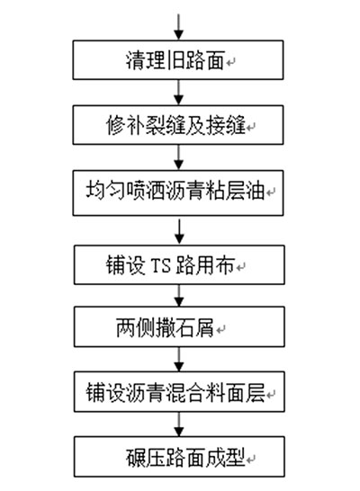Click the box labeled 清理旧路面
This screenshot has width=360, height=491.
178,60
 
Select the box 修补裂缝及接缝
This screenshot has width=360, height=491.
178,125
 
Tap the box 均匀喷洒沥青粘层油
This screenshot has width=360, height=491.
178,192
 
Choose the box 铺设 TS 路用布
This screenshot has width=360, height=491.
179,265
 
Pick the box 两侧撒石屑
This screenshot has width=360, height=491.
179,326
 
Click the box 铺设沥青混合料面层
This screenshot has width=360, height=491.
179,392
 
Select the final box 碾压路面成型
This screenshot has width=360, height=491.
179,457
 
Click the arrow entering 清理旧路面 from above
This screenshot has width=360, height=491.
178,27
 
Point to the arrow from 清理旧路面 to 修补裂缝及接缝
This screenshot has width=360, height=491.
178,93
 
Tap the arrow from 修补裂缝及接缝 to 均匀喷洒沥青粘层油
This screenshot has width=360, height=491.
178,157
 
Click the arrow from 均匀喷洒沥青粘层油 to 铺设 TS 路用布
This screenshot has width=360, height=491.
179,232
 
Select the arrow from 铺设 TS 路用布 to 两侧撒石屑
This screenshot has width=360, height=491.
179,296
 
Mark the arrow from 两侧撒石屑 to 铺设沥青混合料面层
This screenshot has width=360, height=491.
179,359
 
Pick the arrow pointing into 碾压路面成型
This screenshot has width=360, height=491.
179,424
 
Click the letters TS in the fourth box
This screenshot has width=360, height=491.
161,265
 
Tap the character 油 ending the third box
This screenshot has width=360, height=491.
255,191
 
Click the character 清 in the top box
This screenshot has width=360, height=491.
135,60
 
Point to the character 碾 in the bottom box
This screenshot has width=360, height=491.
136,458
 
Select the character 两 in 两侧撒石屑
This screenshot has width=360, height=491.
126,328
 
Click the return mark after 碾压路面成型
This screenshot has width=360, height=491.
251,460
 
